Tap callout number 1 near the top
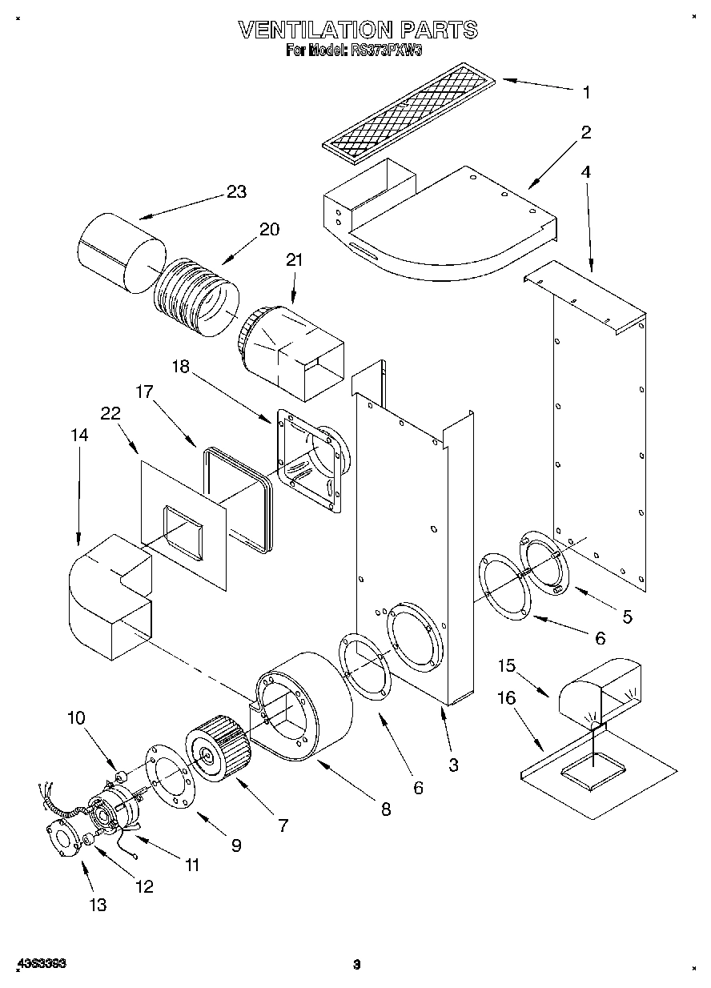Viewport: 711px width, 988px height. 586,93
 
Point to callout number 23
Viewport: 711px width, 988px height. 236,192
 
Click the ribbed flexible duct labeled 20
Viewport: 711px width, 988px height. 196,297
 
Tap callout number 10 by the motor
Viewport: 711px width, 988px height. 76,717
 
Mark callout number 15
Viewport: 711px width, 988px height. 506,665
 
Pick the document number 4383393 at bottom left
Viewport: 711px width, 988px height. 41,964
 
